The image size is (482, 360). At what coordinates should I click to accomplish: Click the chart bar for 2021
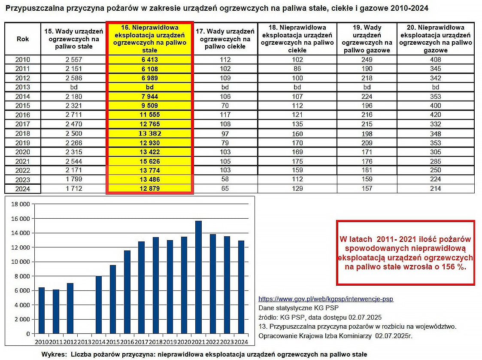click(198, 277)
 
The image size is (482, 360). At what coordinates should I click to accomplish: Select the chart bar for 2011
click(56, 311)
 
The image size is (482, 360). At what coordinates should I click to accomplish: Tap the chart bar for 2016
click(127, 292)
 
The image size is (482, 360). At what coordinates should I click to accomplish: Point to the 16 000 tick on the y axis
click(21, 219)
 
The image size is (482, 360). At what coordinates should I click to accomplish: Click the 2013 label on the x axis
click(84, 342)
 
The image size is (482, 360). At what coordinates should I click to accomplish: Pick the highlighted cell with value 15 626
click(149, 161)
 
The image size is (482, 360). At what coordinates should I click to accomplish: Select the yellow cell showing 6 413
click(149, 60)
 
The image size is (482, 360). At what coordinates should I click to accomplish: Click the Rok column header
click(23, 39)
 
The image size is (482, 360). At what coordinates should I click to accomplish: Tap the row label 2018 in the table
click(23, 134)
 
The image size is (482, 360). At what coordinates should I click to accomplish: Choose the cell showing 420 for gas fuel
click(435, 115)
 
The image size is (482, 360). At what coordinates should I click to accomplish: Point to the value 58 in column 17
click(225, 180)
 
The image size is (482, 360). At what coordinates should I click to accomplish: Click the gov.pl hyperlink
click(326, 299)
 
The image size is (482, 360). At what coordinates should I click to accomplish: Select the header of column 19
click(367, 39)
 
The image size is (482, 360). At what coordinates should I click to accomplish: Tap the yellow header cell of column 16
click(149, 39)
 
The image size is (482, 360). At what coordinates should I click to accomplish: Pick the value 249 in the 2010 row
click(367, 60)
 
